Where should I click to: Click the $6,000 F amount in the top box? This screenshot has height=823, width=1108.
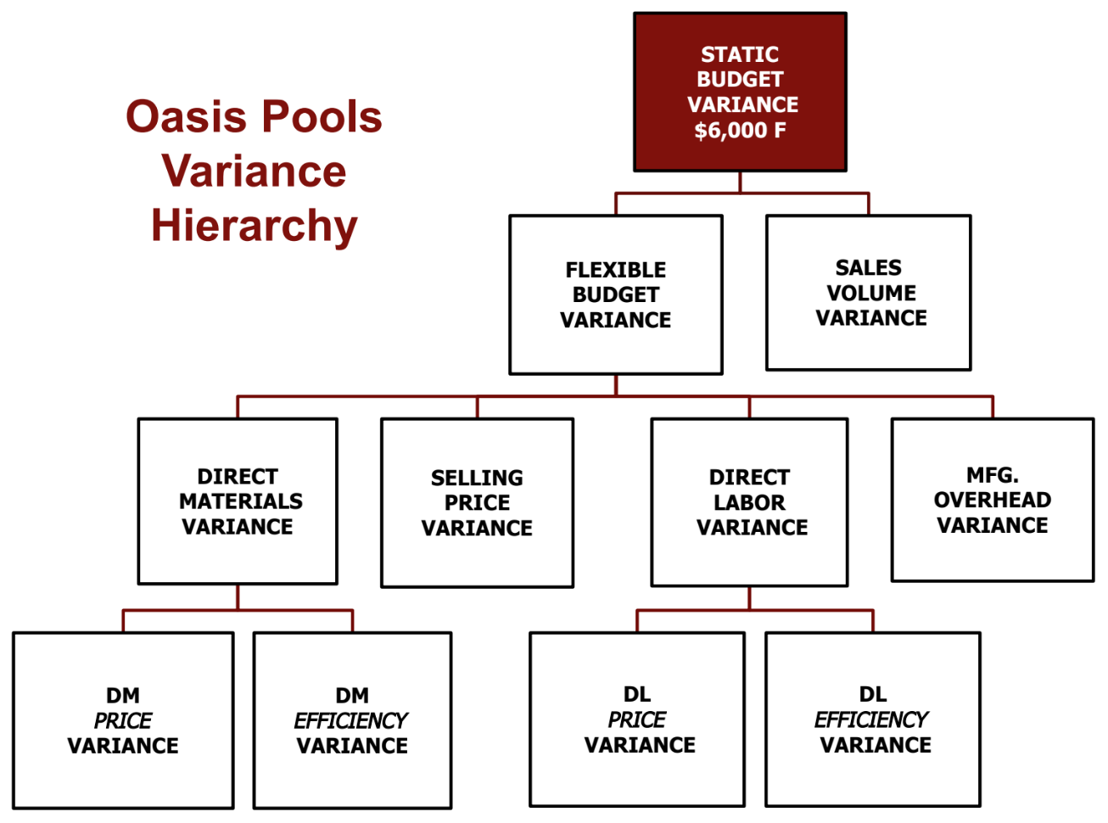pyautogui.click(x=740, y=131)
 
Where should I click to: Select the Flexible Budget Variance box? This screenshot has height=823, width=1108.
pyautogui.click(x=616, y=294)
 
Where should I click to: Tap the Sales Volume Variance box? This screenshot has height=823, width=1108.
pyautogui.click(x=869, y=293)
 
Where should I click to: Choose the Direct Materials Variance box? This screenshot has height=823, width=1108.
pyautogui.click(x=238, y=501)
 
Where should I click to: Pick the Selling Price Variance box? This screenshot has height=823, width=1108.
pyautogui.click(x=477, y=502)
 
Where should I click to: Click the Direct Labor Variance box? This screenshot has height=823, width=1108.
pyautogui.click(x=749, y=502)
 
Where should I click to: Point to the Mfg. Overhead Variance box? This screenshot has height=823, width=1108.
pyautogui.click(x=993, y=500)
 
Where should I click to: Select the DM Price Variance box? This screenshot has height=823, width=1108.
pyautogui.click(x=123, y=720)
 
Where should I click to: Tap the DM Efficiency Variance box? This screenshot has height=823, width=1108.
pyautogui.click(x=352, y=720)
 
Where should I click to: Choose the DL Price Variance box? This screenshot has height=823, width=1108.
pyautogui.click(x=637, y=719)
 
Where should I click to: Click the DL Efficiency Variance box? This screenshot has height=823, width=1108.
pyautogui.click(x=873, y=719)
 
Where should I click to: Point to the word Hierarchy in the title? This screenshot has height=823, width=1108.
pyautogui.click(x=255, y=226)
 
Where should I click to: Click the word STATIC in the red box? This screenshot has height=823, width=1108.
pyautogui.click(x=740, y=54)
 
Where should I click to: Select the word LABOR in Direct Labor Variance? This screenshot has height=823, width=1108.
pyautogui.click(x=749, y=502)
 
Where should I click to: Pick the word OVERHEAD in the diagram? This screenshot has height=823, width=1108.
pyautogui.click(x=993, y=500)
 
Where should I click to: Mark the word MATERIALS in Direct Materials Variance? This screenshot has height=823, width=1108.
pyautogui.click(x=241, y=501)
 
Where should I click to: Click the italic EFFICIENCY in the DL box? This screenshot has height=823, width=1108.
pyautogui.click(x=871, y=719)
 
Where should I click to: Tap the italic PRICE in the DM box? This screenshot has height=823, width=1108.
pyautogui.click(x=123, y=720)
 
